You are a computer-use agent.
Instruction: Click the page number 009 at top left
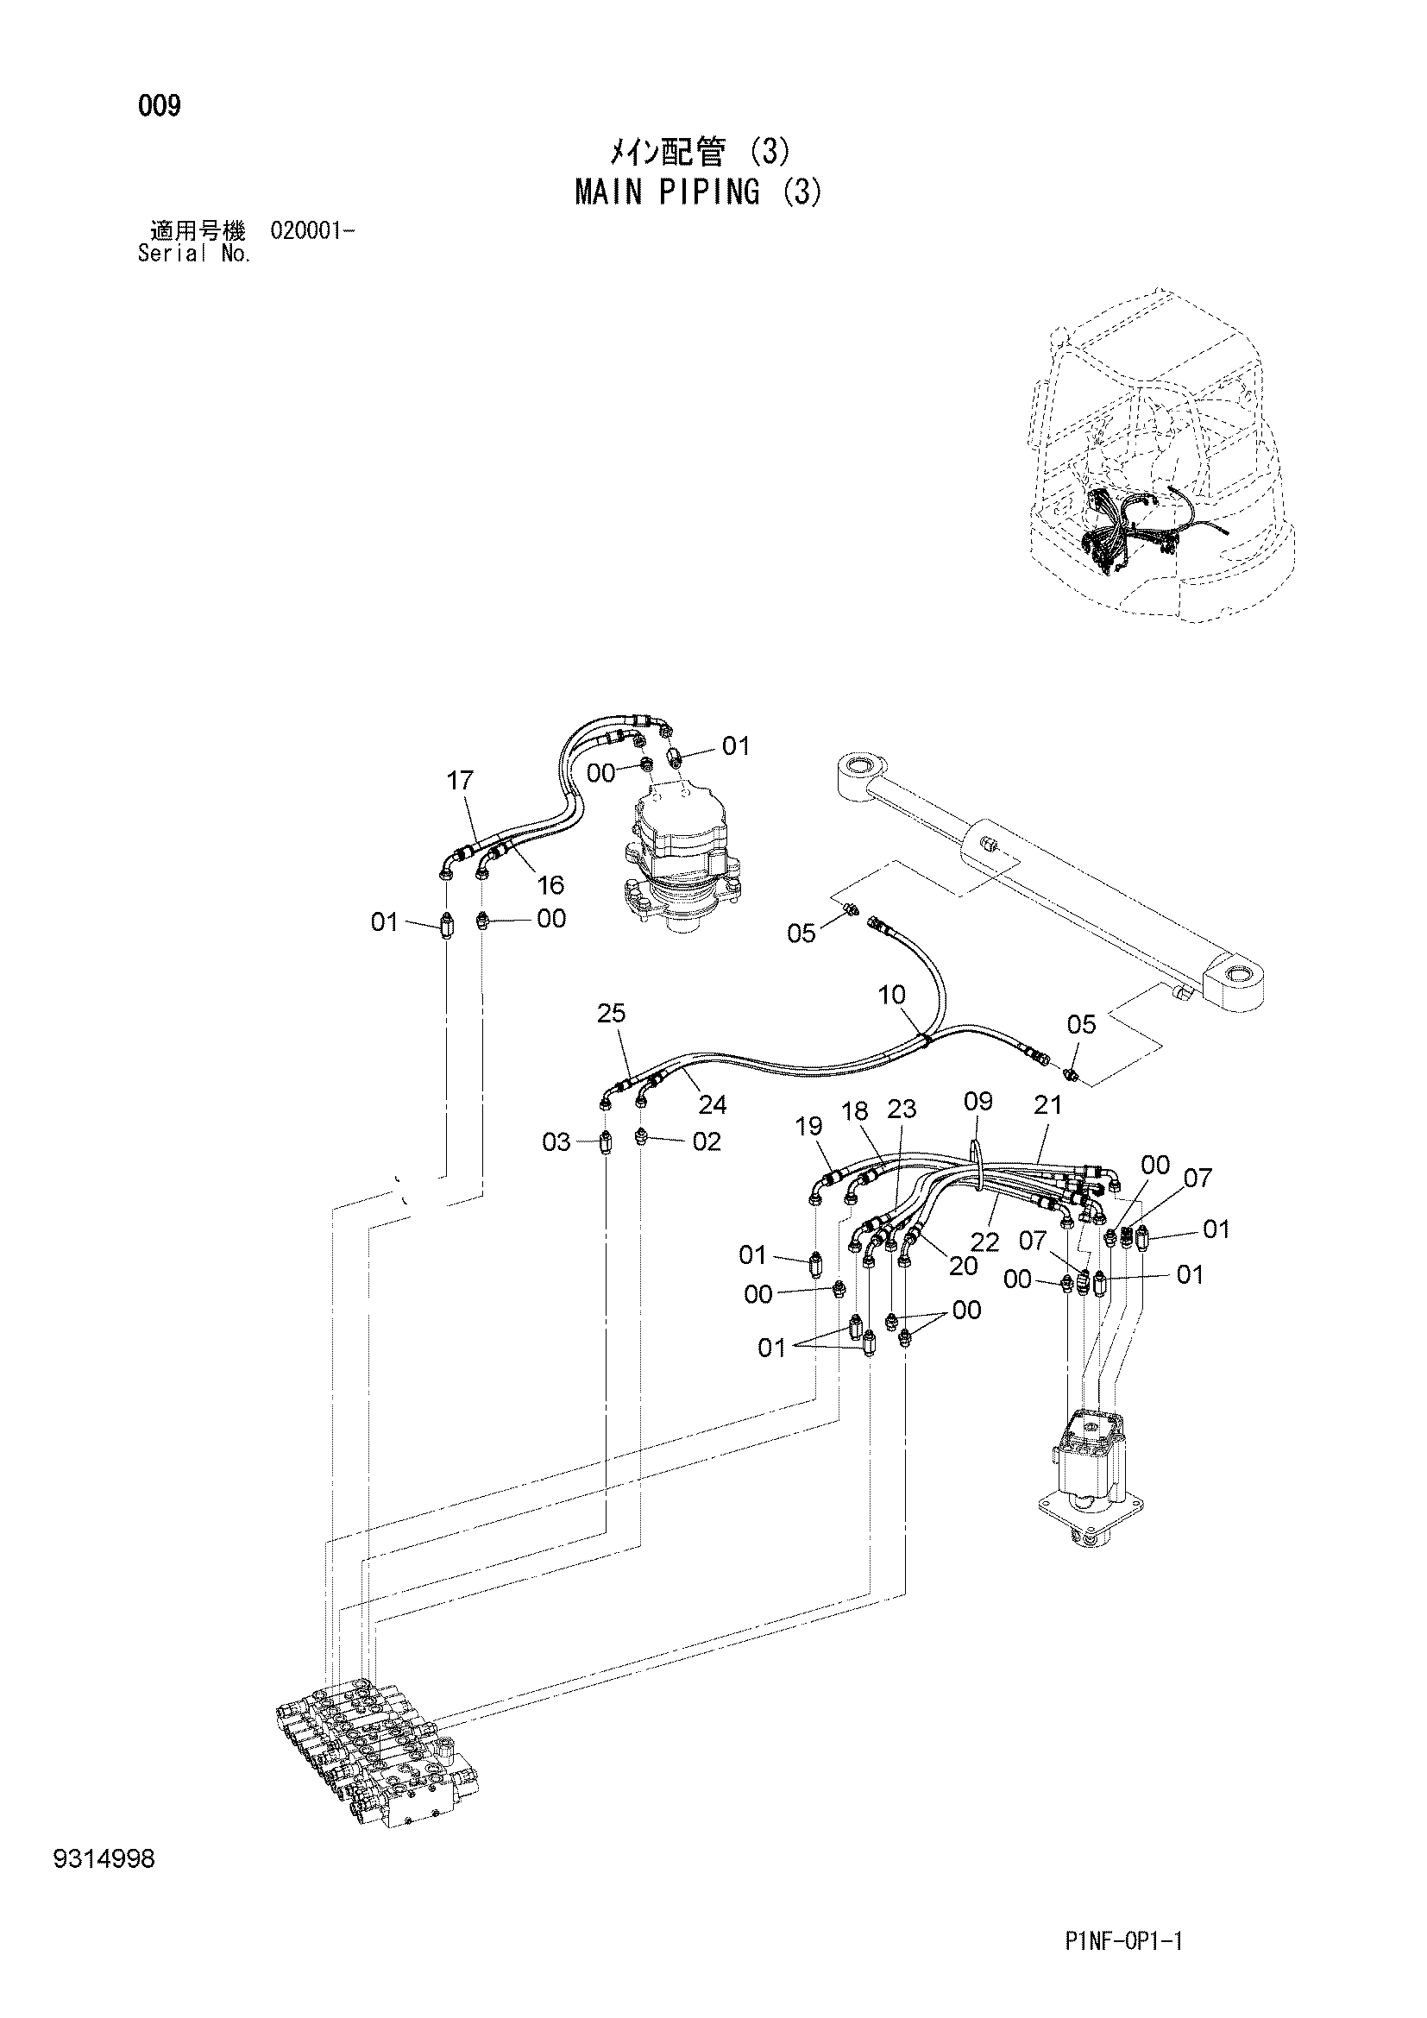pos(159,106)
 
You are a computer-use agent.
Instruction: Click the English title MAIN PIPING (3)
pos(700,192)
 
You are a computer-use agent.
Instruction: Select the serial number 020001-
pos(314,231)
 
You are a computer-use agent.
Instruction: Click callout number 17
pos(460,780)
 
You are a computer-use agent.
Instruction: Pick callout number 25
pos(612,1014)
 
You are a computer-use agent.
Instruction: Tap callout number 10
pos(892,995)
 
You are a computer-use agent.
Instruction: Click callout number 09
pos(978,1101)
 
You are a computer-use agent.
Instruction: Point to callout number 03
pos(556,1142)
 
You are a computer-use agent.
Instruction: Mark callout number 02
pos(707,1141)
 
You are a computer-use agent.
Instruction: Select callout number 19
pos(808,1126)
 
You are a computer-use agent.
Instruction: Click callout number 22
pos(985,1242)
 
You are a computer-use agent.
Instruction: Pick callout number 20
pos(963,1266)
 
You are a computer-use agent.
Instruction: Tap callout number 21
pos(1048,1105)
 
